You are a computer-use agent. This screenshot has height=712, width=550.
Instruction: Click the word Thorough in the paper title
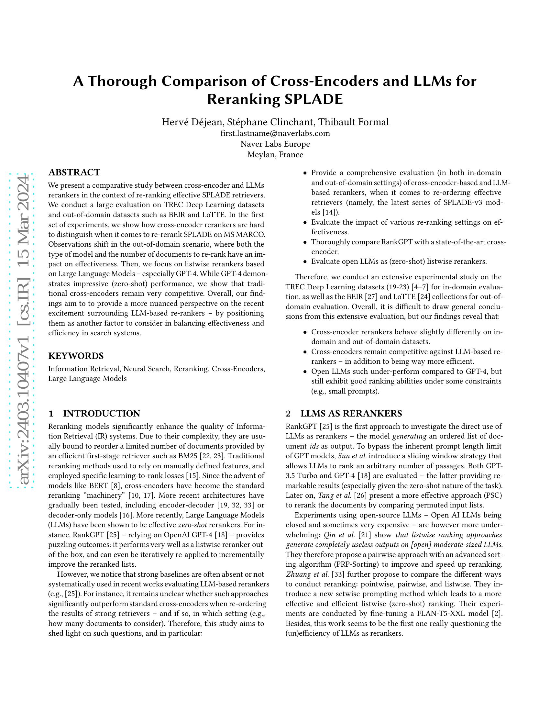pyautogui.click(x=122, y=81)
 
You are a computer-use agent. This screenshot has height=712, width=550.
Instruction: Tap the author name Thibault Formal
pyautogui.click(x=354, y=122)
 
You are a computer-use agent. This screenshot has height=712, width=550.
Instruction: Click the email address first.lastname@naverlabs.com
pyautogui.click(x=275, y=133)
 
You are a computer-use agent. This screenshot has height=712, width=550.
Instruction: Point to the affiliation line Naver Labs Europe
pyautogui.click(x=275, y=144)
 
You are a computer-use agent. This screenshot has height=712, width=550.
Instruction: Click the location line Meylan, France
pyautogui.click(x=275, y=154)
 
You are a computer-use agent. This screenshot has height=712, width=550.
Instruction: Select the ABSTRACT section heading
pyautogui.click(x=74, y=172)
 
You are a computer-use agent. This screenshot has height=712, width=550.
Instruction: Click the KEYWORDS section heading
pyautogui.click(x=76, y=356)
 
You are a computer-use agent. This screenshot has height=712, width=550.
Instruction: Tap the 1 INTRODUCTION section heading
pyautogui.click(x=94, y=414)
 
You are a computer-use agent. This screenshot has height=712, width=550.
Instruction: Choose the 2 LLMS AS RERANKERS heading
pyautogui.click(x=344, y=414)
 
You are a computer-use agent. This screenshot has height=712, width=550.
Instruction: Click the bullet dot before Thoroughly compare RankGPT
pyautogui.click(x=305, y=242)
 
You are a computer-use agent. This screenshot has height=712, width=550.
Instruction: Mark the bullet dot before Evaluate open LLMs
pyautogui.click(x=305, y=262)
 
